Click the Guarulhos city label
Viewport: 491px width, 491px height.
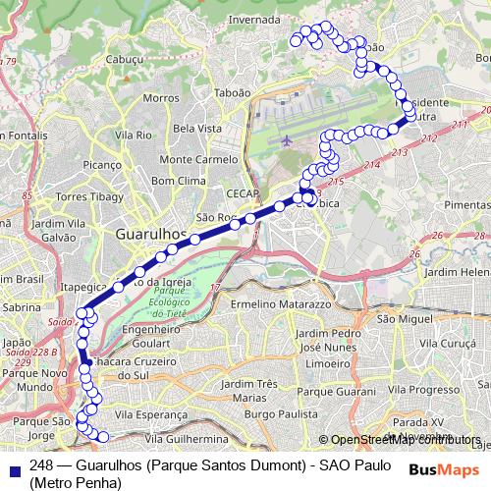(151, 235)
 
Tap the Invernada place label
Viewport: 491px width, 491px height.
(254, 19)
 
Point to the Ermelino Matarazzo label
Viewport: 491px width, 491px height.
(280, 304)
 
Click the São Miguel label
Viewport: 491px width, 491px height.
(399, 319)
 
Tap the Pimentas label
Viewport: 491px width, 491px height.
(466, 203)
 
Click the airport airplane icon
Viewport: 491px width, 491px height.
(286, 139)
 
